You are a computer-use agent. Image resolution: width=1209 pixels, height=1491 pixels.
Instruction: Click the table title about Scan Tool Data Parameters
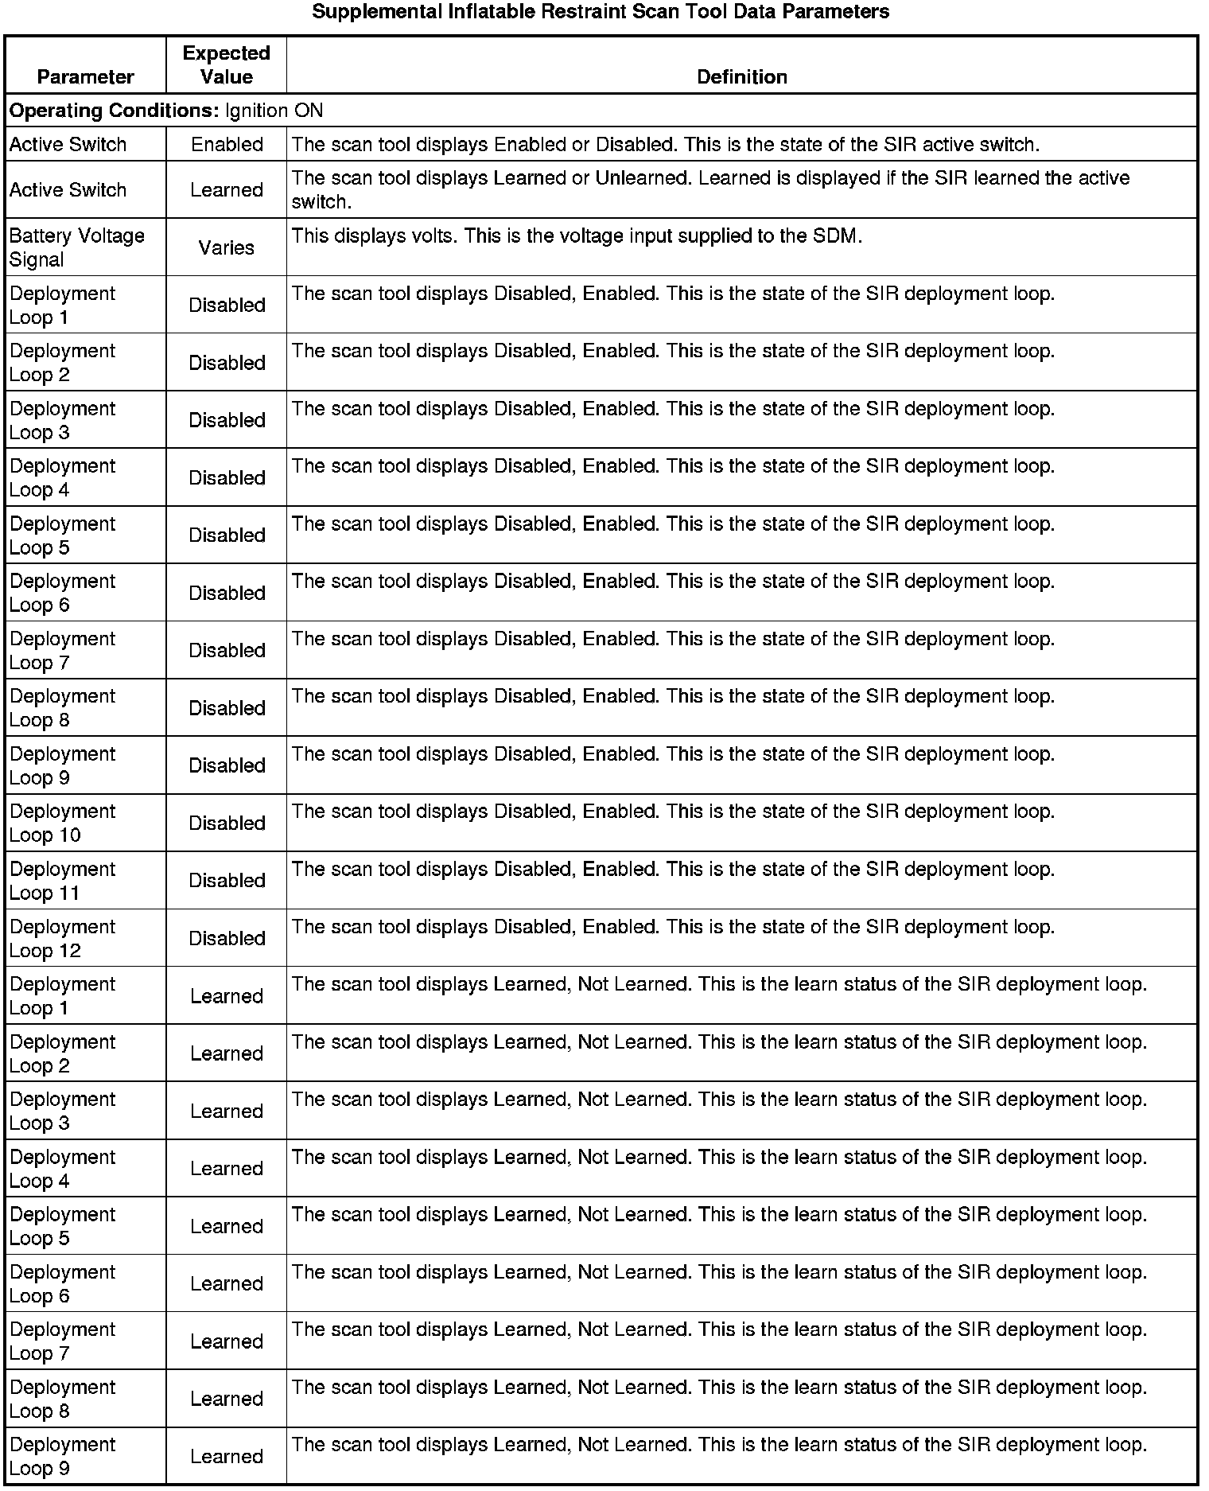(x=601, y=12)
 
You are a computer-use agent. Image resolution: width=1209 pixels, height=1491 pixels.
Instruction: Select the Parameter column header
(x=86, y=76)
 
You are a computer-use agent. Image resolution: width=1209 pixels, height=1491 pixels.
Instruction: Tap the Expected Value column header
(x=227, y=65)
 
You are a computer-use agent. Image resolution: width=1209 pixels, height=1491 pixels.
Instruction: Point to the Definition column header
(x=741, y=76)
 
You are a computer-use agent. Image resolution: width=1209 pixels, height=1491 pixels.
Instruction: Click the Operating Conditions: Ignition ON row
(x=166, y=110)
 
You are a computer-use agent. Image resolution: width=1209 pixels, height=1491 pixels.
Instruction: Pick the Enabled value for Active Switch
(x=227, y=145)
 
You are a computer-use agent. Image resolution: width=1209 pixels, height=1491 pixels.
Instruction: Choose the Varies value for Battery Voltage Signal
(x=227, y=247)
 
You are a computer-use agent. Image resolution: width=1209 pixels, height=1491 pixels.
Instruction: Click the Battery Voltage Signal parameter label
(x=76, y=247)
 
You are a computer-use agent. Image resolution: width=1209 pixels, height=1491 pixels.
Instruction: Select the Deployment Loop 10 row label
(x=62, y=823)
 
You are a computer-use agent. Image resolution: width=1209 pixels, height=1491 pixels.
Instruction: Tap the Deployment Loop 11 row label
(x=62, y=881)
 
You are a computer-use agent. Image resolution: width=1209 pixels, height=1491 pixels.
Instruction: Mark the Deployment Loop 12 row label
(x=62, y=938)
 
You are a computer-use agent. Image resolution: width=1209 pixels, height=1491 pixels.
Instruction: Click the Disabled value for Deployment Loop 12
(x=227, y=938)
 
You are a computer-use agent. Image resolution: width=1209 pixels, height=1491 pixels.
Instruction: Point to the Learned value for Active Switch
(x=227, y=190)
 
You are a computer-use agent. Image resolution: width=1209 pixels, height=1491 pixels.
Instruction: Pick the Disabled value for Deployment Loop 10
(x=227, y=823)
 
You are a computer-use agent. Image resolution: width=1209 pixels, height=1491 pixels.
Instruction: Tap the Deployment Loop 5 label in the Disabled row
(x=62, y=535)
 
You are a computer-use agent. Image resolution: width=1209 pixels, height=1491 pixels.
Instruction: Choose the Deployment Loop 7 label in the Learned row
(x=62, y=1341)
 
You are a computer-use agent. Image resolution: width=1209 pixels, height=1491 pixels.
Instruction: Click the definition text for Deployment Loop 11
(x=673, y=870)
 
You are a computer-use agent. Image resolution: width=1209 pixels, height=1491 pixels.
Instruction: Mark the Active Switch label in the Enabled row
(x=68, y=145)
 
